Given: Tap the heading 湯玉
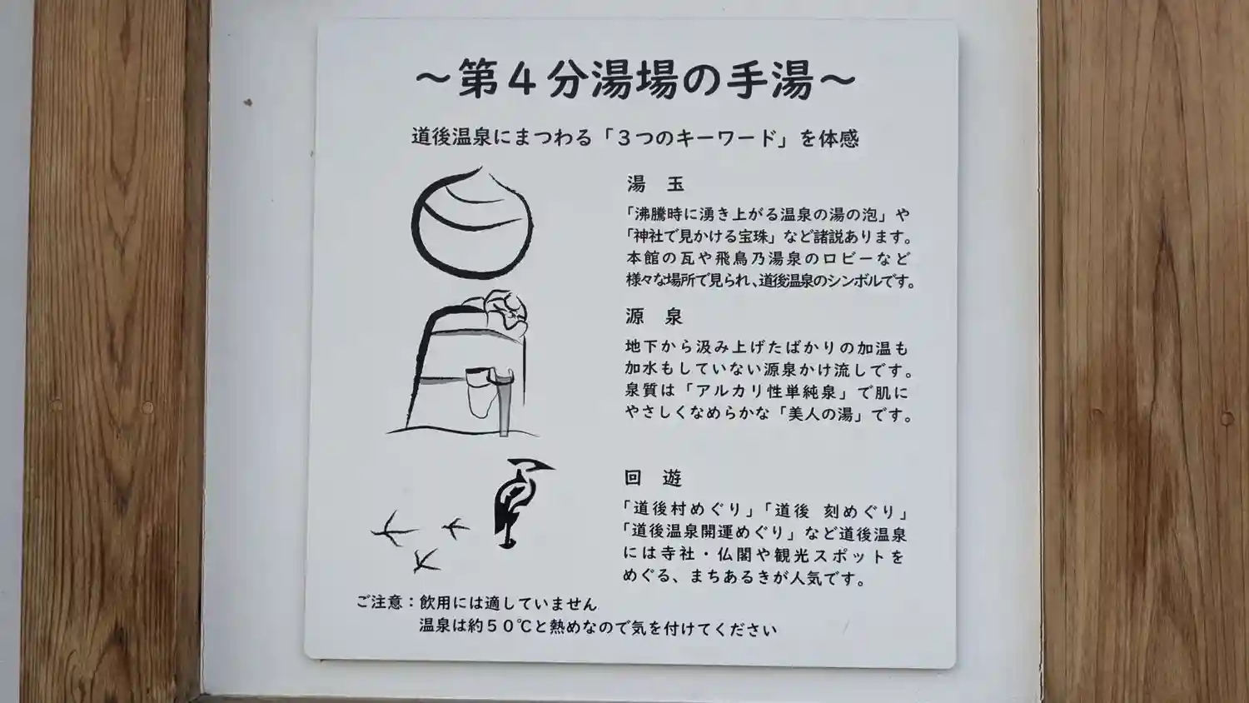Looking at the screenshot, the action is (656, 183).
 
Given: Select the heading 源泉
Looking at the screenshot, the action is (654, 317).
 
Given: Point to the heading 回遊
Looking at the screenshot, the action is (653, 477).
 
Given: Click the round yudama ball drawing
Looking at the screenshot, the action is (472, 222).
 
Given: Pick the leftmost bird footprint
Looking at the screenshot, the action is (394, 528).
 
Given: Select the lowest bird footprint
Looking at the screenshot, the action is (426, 561).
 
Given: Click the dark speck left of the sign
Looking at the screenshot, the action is (248, 102).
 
